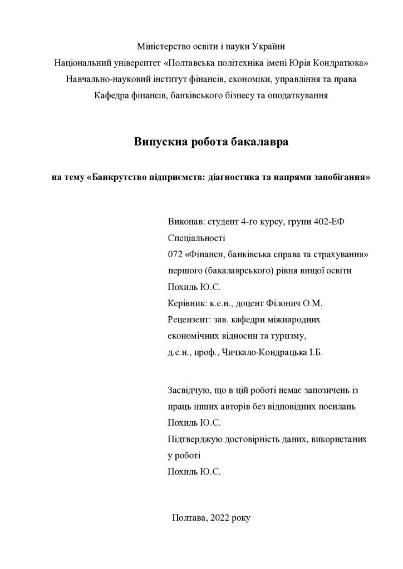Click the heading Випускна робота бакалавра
[x=211, y=142]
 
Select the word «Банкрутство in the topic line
[x=116, y=178]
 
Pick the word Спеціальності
[x=196, y=238]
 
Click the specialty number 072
[x=175, y=254]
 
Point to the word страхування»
[x=344, y=254]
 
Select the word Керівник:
[x=188, y=303]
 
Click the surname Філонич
[x=287, y=303]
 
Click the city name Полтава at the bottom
[x=190, y=517]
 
